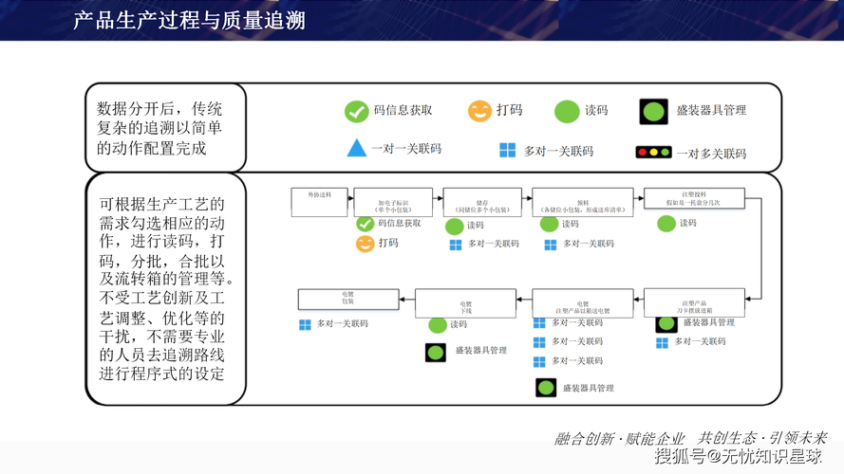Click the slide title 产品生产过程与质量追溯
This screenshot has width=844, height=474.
(190, 21)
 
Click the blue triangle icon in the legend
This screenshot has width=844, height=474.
(356, 149)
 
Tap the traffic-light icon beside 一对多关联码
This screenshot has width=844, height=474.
(653, 153)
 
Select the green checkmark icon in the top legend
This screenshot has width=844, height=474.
(356, 111)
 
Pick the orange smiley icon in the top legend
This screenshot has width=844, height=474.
(479, 111)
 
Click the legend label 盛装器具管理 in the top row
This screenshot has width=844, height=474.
(711, 110)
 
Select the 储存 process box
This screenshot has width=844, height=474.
(481, 203)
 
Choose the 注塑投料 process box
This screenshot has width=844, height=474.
(694, 199)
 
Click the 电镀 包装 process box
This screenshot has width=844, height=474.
(347, 299)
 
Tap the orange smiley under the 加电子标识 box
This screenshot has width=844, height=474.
(365, 244)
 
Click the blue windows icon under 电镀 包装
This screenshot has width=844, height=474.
(306, 324)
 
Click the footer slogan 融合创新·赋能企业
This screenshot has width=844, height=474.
(620, 438)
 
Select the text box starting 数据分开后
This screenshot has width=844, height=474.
(164, 127)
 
